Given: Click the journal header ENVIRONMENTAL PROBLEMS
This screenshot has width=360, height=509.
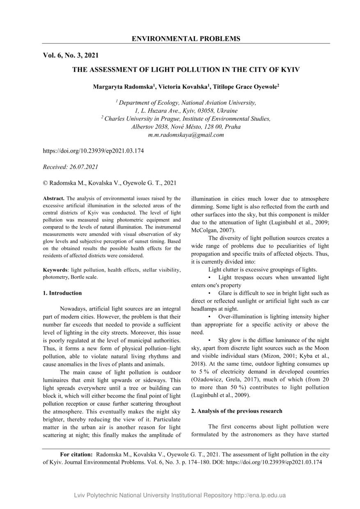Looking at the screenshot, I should (x=186, y=39).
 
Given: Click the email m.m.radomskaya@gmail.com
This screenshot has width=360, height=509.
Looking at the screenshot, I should (x=186, y=135).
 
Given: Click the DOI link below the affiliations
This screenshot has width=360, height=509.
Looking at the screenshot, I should (x=93, y=151).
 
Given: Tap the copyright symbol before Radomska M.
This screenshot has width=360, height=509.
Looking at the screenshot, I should (x=45, y=183).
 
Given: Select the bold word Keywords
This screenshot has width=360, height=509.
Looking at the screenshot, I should (x=55, y=270).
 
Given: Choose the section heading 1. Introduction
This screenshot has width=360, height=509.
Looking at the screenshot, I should (x=62, y=293).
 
